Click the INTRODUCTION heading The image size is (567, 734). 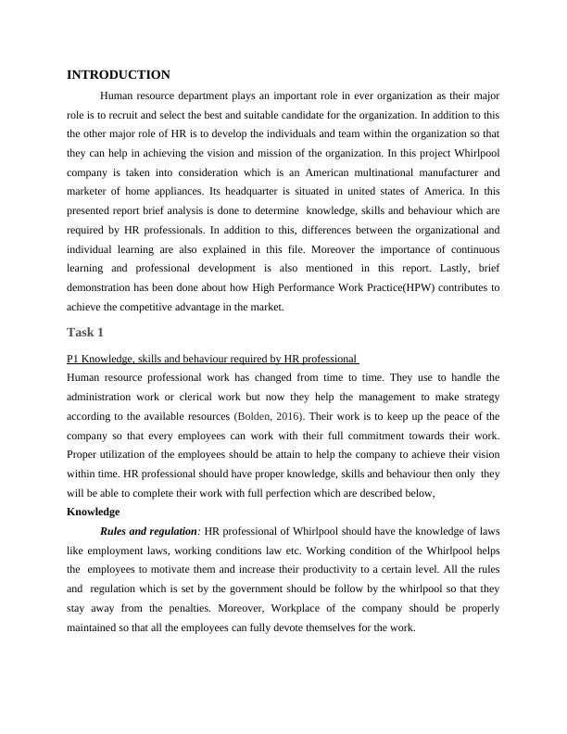tap(119, 74)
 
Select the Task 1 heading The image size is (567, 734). tap(88, 333)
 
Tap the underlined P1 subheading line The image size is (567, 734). tap(212, 359)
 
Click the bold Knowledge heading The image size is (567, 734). tap(94, 512)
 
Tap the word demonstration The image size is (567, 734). tap(107, 287)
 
